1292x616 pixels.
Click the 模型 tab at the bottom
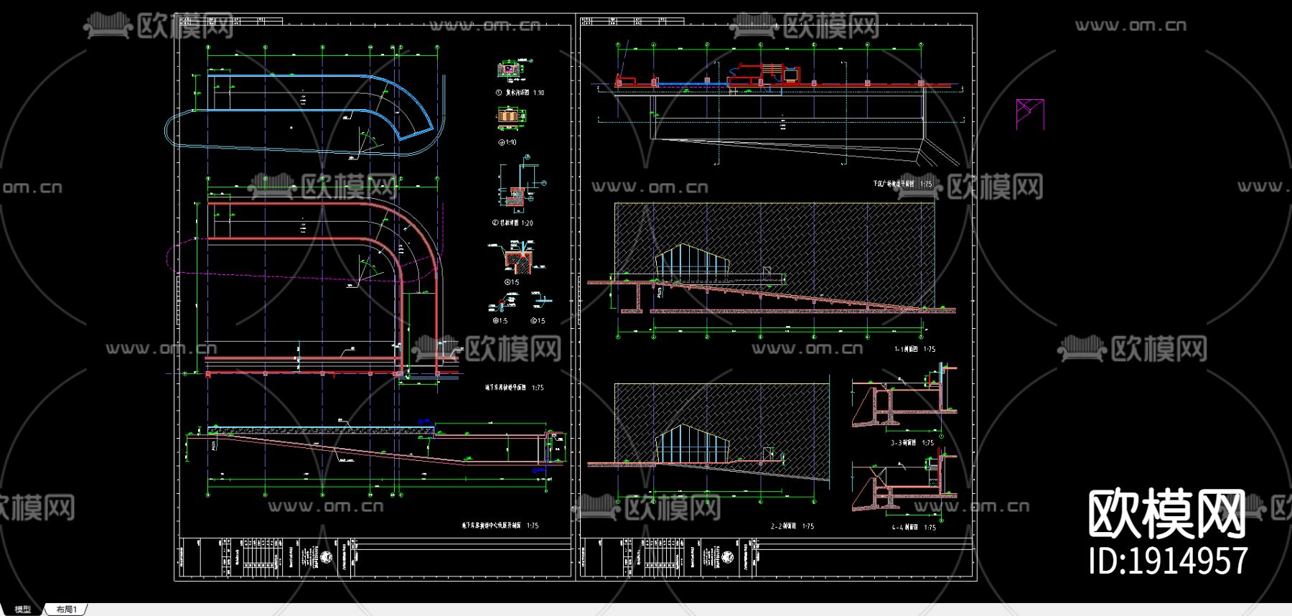[22, 610]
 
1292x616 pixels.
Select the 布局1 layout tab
[66, 610]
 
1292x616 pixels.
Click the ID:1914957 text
[1168, 561]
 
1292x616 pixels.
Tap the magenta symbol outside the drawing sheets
[1029, 114]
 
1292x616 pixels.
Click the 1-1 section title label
[914, 350]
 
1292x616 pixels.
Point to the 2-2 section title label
[792, 526]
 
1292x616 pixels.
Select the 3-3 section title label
[912, 443]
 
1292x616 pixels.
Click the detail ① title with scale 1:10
[520, 93]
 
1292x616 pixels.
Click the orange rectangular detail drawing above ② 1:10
[508, 116]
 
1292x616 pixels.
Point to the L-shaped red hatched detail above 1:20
[516, 195]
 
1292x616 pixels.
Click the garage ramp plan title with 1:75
[514, 388]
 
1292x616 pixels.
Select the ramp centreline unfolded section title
[500, 526]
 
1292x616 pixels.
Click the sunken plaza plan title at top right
[902, 184]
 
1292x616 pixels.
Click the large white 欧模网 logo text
[1167, 514]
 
